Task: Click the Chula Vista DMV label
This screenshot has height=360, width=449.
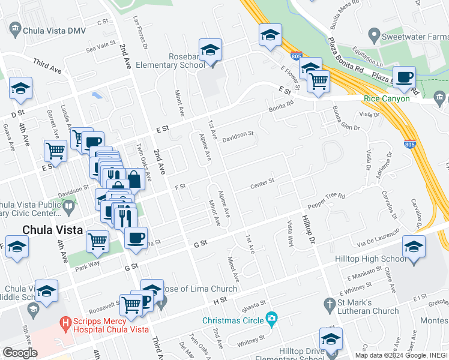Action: pos(54,28)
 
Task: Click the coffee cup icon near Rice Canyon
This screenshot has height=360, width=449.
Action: pos(406,78)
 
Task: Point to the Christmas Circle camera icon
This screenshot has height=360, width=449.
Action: pos(271,318)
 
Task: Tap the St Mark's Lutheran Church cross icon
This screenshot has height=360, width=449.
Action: pos(329,304)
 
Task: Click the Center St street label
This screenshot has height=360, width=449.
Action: pos(262,181)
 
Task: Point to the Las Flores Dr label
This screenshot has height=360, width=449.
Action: pos(137,30)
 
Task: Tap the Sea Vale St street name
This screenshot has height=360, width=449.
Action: pos(100,47)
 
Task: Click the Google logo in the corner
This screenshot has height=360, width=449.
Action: pos(20,352)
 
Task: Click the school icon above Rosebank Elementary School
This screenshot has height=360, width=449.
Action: pos(211,51)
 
